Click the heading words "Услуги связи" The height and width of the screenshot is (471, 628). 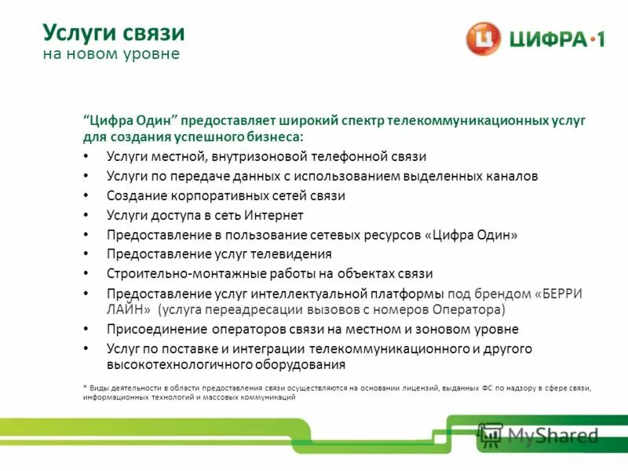pos(113,33)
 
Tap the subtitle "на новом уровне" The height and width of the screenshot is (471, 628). pos(111,54)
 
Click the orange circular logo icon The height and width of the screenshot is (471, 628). pos(483,38)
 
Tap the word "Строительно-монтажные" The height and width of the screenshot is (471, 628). pos(171,274)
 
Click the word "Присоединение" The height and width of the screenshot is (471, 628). pos(151,329)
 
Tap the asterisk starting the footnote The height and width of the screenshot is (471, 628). pos(84,388)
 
